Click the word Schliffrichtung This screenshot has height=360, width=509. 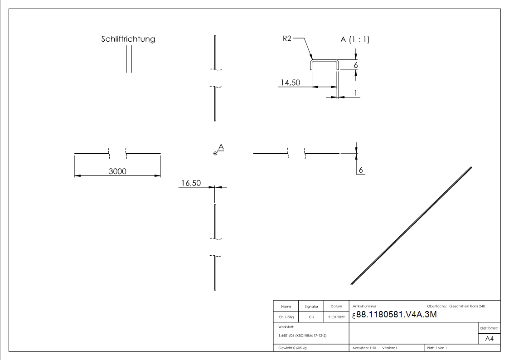click(x=128, y=39)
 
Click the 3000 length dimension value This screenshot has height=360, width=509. click(x=117, y=171)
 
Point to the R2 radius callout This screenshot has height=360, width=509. click(x=286, y=39)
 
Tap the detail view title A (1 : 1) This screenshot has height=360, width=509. click(x=355, y=40)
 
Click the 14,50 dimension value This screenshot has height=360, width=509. click(x=291, y=83)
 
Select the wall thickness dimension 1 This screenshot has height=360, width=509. click(x=356, y=93)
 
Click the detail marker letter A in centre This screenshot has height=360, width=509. click(x=221, y=147)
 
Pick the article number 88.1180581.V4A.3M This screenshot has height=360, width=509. click(x=397, y=315)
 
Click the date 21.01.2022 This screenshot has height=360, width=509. click(x=336, y=317)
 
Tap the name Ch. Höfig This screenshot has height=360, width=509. click(x=286, y=317)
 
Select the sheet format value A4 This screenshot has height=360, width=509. click(x=490, y=339)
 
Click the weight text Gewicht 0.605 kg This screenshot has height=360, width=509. click(x=292, y=348)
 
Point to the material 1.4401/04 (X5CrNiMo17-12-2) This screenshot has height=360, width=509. click(x=302, y=335)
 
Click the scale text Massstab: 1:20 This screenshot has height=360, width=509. click(x=364, y=348)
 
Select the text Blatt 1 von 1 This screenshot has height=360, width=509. click(x=437, y=348)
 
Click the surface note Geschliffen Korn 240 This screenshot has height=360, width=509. click(x=467, y=306)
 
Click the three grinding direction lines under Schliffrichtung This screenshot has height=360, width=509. click(x=129, y=59)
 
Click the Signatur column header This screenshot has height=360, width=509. click(x=311, y=306)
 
